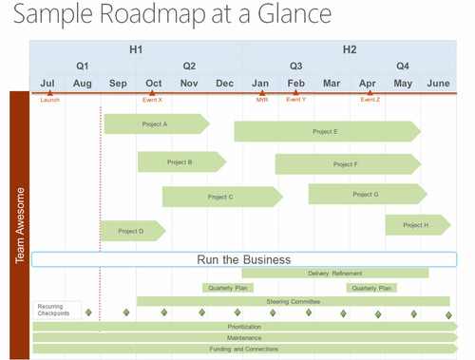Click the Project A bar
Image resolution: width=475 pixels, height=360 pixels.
point(155,123)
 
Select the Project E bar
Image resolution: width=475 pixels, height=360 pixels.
point(325,132)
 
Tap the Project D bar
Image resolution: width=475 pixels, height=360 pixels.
point(132,231)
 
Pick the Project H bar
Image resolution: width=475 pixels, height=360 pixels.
point(415,225)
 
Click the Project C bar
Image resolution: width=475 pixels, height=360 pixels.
point(220,197)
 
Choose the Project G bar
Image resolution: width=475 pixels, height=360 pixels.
point(365,195)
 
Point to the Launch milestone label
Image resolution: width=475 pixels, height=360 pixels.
point(49,100)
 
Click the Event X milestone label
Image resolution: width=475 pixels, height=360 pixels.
point(152,100)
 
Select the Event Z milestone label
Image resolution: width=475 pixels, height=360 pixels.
point(370,100)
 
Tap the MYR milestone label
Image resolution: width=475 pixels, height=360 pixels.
point(261,100)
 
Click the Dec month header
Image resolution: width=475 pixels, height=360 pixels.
point(224,84)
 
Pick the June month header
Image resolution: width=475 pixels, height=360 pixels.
point(438,84)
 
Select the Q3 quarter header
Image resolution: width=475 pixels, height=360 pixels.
point(295,66)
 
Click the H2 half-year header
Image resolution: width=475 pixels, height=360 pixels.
point(350,48)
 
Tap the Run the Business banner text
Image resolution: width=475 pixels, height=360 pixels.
point(243,259)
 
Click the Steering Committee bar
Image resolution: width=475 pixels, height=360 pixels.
point(293,301)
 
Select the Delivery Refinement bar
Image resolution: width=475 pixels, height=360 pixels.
point(334,274)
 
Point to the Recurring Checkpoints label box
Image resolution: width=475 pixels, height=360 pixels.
point(53,311)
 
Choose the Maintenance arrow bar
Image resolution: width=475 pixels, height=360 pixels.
point(244,337)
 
